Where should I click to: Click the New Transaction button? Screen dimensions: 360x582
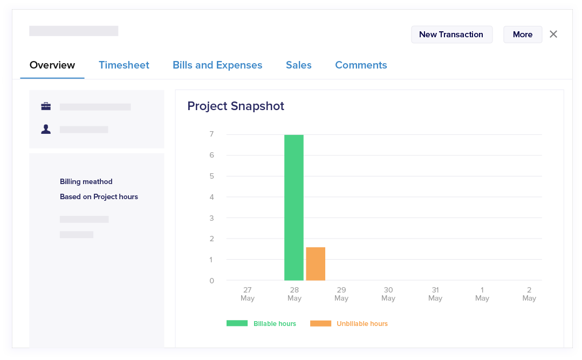click(x=451, y=35)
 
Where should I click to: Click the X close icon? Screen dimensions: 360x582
click(x=553, y=34)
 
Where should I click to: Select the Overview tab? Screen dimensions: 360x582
click(x=52, y=65)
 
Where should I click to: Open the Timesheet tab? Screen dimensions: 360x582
click(x=124, y=65)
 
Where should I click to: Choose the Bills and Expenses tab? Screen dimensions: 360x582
click(x=217, y=65)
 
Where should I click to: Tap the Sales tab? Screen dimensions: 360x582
click(x=299, y=65)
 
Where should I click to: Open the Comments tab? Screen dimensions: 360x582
click(x=361, y=65)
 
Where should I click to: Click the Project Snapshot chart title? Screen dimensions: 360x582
click(x=236, y=106)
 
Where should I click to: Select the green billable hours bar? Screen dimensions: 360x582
click(x=294, y=208)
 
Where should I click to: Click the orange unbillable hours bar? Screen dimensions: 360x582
click(x=316, y=264)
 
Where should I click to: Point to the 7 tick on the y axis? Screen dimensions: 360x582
click(x=212, y=134)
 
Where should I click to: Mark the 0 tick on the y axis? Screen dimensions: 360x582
click(x=212, y=281)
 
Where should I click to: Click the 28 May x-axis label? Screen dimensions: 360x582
click(x=295, y=294)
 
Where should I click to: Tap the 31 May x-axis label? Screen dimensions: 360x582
click(x=435, y=294)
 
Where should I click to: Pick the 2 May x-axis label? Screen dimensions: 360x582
click(x=529, y=294)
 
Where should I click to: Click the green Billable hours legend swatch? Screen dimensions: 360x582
click(x=237, y=323)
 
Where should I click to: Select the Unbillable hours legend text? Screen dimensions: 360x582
click(x=362, y=324)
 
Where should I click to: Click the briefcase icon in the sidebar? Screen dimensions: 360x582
click(x=46, y=106)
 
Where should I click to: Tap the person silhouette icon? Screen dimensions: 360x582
click(x=46, y=130)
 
